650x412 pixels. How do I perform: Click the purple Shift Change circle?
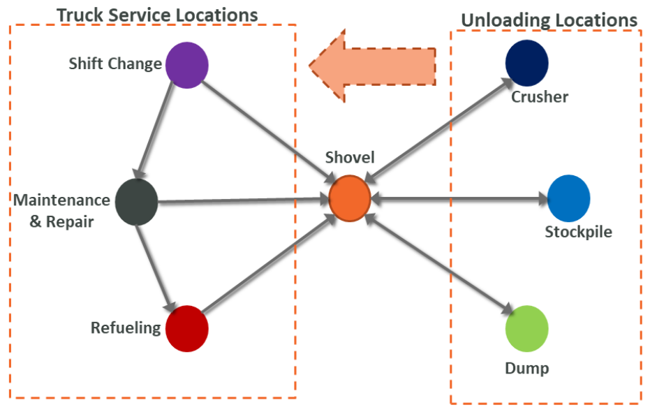pos(187,65)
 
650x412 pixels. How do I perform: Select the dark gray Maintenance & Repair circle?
pos(137,203)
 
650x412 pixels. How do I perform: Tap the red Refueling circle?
pos(187,328)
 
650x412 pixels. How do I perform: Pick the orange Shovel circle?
pos(349,199)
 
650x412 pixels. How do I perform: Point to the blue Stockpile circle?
pos(568,198)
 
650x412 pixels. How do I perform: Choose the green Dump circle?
pos(526,328)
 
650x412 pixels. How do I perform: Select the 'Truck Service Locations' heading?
pos(157,15)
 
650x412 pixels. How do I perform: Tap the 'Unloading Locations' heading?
pos(549,20)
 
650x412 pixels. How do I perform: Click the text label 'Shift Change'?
pos(115,64)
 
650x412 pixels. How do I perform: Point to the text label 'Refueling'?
pos(126,328)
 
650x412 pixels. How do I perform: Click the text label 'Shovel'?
pos(350,159)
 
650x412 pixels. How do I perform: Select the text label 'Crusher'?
pos(540,96)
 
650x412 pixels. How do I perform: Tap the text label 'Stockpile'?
pos(578,232)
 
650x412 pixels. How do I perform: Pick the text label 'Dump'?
pos(527,368)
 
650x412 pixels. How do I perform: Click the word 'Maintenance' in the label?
pos(62,200)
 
